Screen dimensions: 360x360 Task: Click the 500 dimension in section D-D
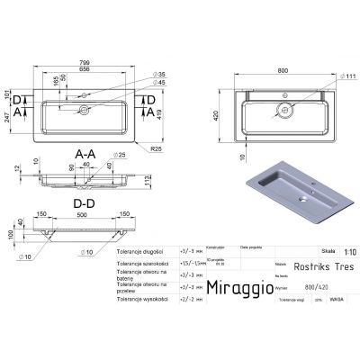(x=82, y=217)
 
